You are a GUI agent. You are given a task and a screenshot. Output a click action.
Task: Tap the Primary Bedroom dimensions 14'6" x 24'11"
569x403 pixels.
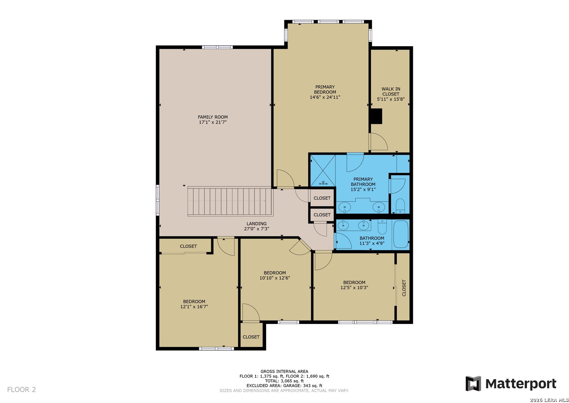click(x=325, y=97)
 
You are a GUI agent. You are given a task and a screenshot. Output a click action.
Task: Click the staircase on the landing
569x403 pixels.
click(x=230, y=201)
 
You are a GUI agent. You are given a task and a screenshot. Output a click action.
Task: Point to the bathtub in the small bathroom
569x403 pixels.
click(x=401, y=234)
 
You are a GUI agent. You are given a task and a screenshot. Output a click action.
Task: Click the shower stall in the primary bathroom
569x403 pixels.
click(x=323, y=171)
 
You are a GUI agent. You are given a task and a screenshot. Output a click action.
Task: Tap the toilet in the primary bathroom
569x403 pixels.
click(x=400, y=206)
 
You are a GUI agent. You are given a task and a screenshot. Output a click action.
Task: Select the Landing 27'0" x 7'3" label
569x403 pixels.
click(x=257, y=226)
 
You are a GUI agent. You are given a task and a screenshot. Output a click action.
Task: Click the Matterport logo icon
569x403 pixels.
click(x=473, y=384)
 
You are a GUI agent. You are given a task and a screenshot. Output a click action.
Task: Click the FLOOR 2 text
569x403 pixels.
click(x=22, y=390)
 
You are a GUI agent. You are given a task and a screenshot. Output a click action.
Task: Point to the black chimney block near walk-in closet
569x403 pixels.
click(x=376, y=116)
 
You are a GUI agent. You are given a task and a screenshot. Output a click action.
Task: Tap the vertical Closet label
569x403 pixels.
click(x=404, y=288)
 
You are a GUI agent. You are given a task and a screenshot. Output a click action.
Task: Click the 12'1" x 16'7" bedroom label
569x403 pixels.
click(x=194, y=304)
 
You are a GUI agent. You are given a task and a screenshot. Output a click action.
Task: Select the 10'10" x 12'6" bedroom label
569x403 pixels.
click(x=275, y=275)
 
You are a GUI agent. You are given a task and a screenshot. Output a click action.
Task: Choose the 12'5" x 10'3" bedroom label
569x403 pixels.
click(x=354, y=285)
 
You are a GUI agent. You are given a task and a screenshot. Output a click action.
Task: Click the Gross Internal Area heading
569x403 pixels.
click(x=284, y=371)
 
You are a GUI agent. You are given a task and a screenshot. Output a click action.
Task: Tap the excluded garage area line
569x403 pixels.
click(x=284, y=386)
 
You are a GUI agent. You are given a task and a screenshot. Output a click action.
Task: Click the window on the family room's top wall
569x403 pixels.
click(x=217, y=47)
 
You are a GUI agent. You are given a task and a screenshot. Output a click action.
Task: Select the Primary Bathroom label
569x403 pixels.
click(x=363, y=182)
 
